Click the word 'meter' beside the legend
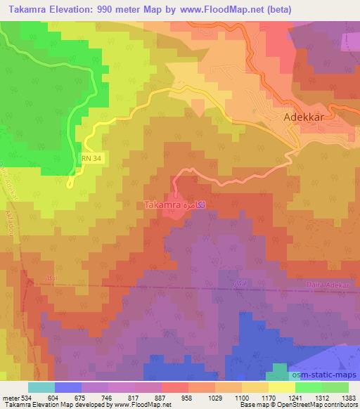click(x=10, y=397)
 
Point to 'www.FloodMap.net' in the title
click(x=218, y=8)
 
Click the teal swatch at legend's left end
click(x=41, y=387)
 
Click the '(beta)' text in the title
click(x=276, y=8)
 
